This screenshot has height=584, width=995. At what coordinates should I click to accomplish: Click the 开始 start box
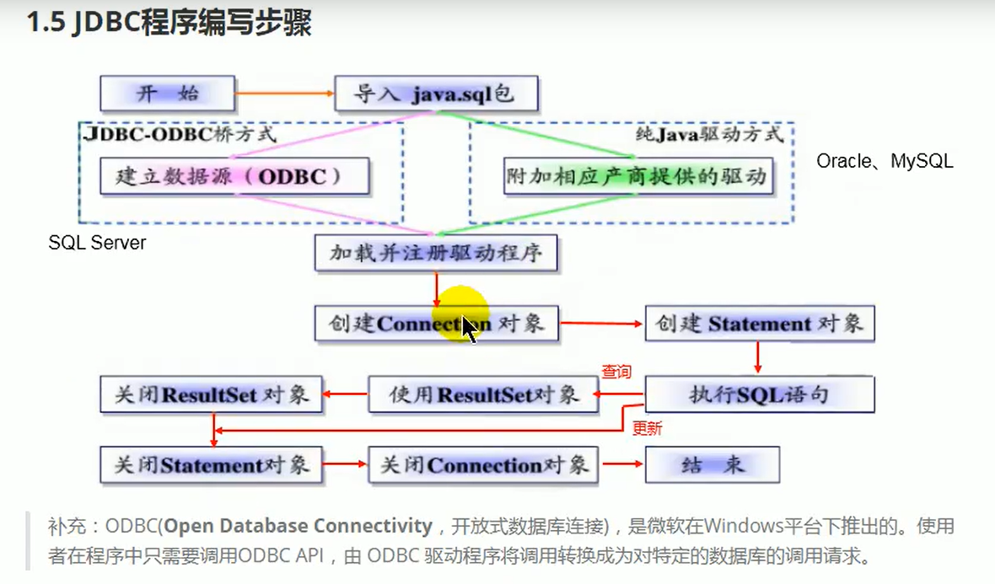click(167, 93)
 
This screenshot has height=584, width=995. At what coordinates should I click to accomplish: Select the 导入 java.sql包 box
click(435, 94)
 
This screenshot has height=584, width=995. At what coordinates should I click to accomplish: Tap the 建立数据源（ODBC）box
click(234, 176)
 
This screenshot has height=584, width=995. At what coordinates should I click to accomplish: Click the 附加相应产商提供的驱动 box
click(637, 176)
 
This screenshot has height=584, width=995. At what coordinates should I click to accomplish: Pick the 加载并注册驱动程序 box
click(436, 253)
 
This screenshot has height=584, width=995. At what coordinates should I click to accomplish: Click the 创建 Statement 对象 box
click(759, 324)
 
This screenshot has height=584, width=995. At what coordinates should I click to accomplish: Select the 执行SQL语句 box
click(759, 394)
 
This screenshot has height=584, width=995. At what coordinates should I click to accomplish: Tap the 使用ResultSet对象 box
click(483, 394)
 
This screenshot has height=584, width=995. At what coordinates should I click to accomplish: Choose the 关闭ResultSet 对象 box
click(212, 394)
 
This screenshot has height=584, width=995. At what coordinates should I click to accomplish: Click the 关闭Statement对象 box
click(212, 464)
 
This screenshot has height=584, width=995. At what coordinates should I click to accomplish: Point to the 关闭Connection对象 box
click(483, 464)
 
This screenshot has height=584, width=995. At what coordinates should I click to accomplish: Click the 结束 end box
click(712, 464)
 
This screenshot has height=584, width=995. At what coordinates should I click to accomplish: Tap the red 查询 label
click(616, 372)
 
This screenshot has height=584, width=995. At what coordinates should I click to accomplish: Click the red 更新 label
click(647, 428)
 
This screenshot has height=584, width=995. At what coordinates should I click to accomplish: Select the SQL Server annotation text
click(97, 243)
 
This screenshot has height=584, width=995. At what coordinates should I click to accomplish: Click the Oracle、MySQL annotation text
click(885, 160)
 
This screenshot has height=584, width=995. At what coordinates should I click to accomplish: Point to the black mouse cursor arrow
click(469, 330)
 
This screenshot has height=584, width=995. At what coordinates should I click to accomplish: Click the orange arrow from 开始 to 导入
click(284, 93)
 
